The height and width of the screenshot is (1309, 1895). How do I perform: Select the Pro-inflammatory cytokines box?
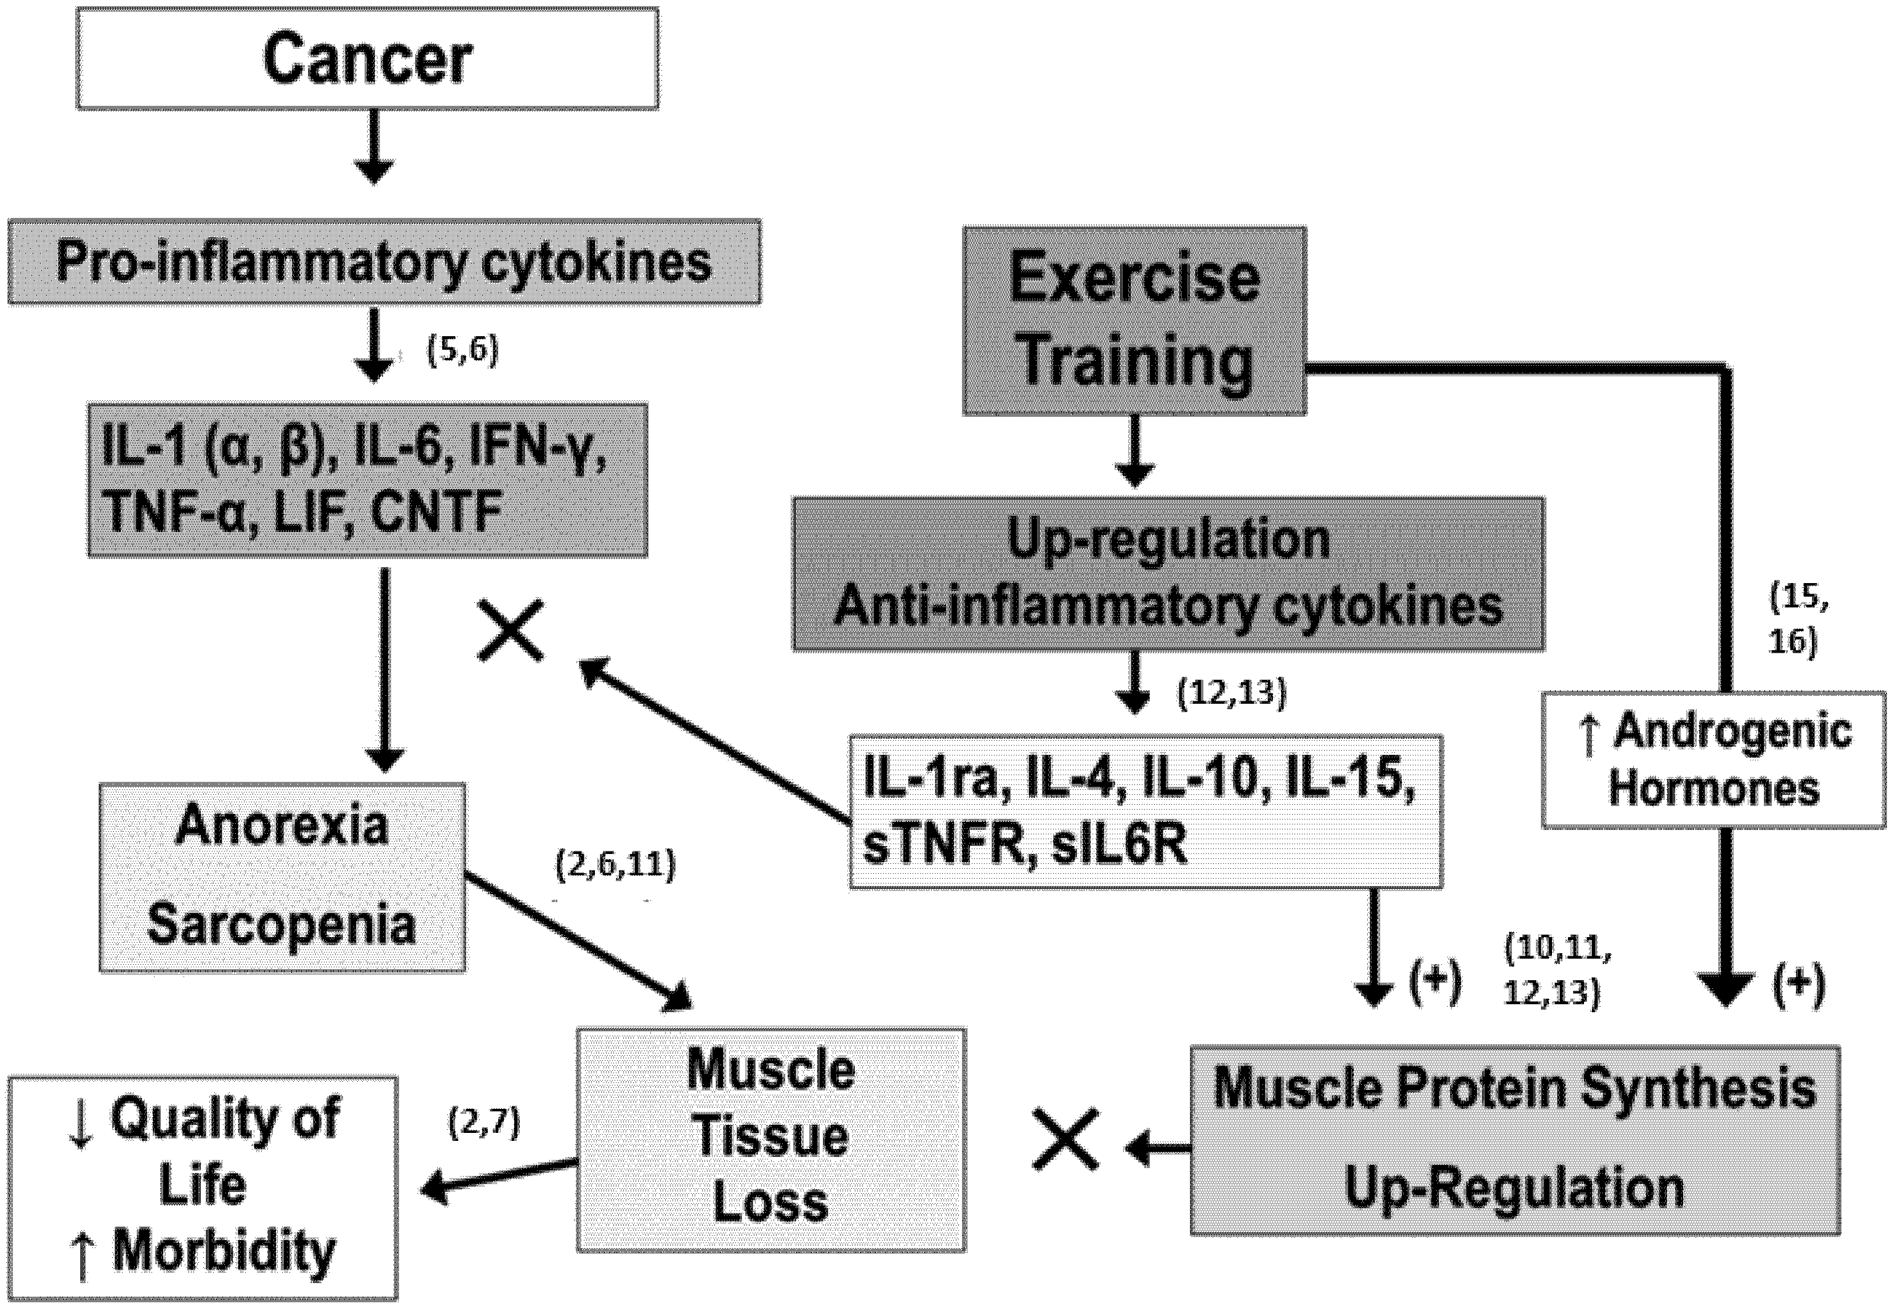(x=384, y=262)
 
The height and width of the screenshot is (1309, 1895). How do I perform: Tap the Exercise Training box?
(x=1134, y=321)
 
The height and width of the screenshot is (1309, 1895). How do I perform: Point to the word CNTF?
(x=437, y=513)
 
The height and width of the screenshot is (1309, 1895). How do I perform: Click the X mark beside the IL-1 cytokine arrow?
(x=511, y=630)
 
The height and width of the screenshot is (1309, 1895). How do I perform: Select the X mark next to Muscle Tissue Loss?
(x=1065, y=1140)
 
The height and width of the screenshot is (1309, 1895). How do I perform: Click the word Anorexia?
(x=281, y=824)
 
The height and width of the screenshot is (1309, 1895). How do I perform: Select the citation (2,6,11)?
(x=615, y=864)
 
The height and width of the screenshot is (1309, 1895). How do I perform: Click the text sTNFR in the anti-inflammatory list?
(x=943, y=845)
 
